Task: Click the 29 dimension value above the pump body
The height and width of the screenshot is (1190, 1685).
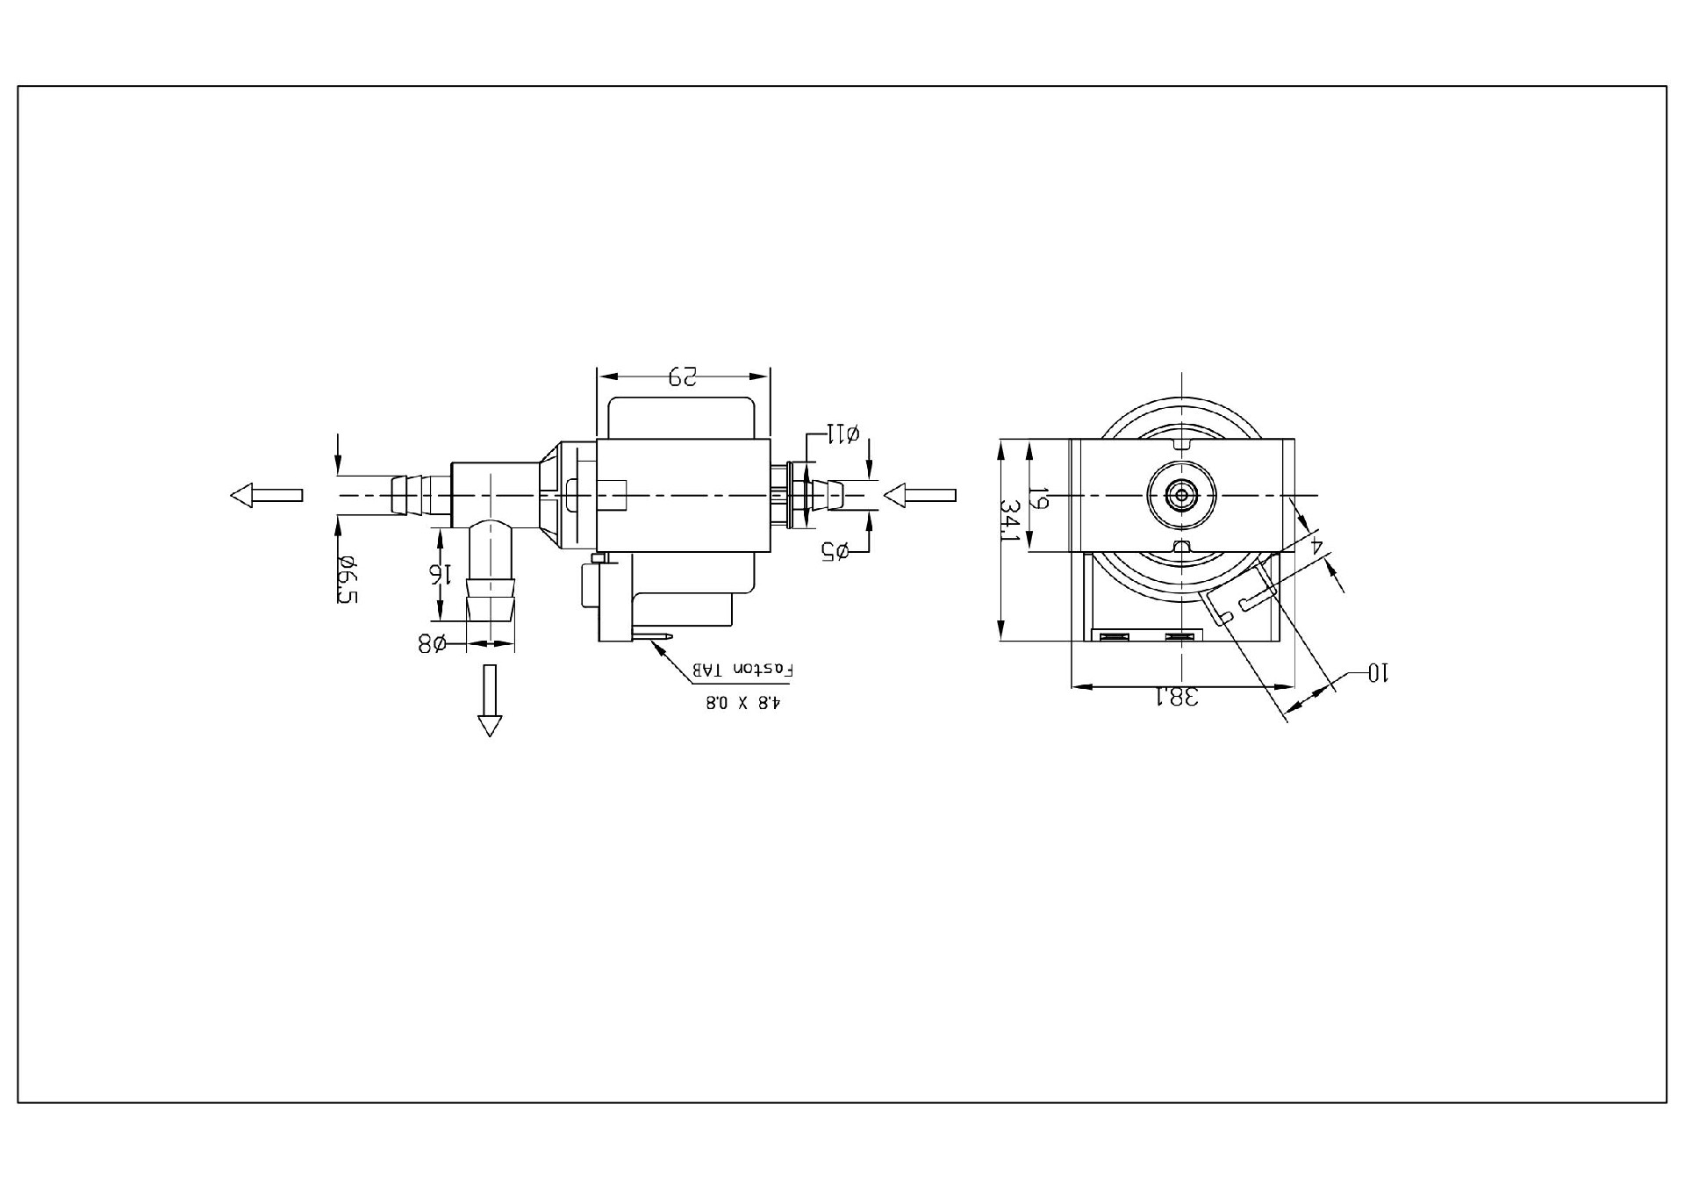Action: [682, 376]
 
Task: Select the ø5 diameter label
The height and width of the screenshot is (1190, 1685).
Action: [835, 551]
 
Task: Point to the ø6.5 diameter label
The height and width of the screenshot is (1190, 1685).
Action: [346, 579]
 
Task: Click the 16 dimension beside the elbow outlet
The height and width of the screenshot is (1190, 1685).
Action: [441, 574]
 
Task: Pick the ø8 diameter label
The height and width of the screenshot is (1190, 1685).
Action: [431, 643]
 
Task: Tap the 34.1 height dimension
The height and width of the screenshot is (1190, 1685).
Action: [1012, 521]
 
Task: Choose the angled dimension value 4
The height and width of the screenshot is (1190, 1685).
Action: [1316, 545]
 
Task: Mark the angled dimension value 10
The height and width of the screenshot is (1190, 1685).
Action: [1380, 673]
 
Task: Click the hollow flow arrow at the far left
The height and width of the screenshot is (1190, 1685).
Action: [267, 495]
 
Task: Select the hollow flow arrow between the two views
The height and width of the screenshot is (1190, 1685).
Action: [919, 496]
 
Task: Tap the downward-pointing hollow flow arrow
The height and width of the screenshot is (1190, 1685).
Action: [490, 699]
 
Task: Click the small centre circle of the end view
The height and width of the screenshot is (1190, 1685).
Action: [1182, 495]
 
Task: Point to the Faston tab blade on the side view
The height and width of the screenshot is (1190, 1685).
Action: [654, 637]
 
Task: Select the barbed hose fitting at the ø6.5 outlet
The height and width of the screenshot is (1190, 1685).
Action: [408, 495]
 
